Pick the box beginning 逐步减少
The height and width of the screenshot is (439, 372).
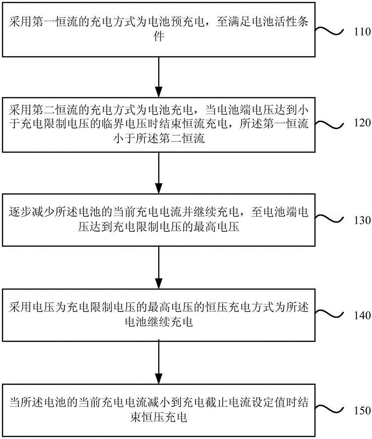pos(159,220)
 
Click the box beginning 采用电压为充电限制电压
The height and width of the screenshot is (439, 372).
pos(159,314)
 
